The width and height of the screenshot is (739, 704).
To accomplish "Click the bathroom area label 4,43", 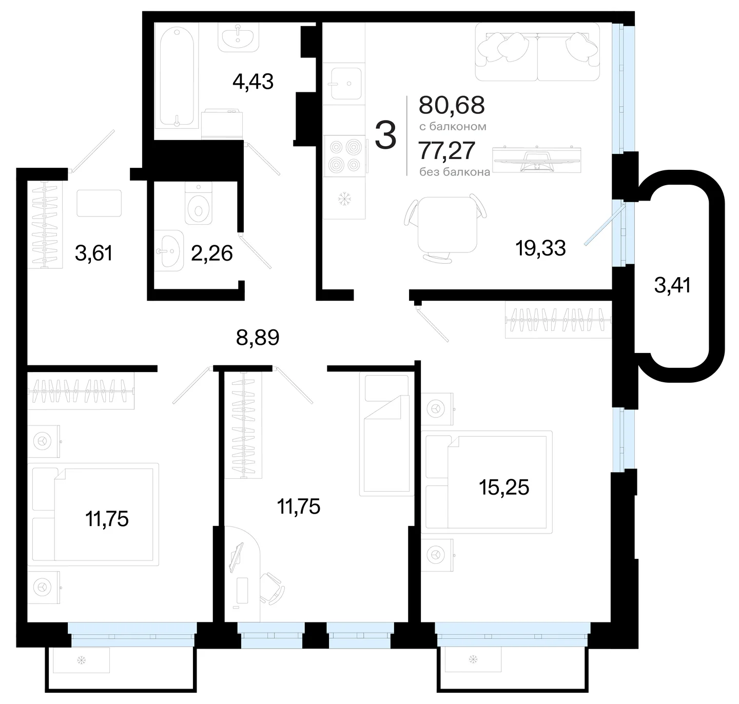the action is pyautogui.click(x=253, y=82).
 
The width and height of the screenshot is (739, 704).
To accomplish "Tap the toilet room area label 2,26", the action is pyautogui.click(x=211, y=253).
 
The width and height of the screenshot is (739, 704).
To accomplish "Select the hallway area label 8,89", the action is pyautogui.click(x=258, y=338).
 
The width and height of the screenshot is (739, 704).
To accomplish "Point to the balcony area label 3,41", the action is pyautogui.click(x=672, y=285).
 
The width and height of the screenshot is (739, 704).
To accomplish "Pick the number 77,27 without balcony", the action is pyautogui.click(x=447, y=150).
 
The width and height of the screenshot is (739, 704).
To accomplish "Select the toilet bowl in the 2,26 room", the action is pyautogui.click(x=198, y=204).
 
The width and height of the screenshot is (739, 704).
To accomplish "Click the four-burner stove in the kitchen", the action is pyautogui.click(x=345, y=155).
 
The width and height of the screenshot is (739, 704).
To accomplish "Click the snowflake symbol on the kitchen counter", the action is pyautogui.click(x=344, y=199).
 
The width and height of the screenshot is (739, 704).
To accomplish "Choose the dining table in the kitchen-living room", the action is pyautogui.click(x=448, y=225).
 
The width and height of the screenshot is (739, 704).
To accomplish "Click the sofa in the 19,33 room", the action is pyautogui.click(x=537, y=52).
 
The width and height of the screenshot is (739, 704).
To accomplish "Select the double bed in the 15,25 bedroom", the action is pyautogui.click(x=487, y=482).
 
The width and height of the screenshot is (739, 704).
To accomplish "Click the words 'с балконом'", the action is pyautogui.click(x=453, y=127).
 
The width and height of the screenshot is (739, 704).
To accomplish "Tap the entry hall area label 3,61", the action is pyautogui.click(x=93, y=253).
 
